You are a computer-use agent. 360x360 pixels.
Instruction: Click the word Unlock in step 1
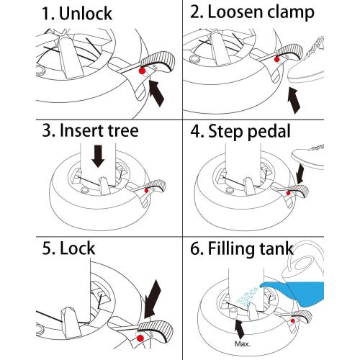click(86, 14)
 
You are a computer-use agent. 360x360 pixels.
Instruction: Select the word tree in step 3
click(123, 130)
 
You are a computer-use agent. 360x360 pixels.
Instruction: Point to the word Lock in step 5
click(77, 248)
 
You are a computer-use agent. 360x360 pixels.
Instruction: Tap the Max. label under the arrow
click(243, 343)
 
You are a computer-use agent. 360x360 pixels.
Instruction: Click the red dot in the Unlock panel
click(143, 71)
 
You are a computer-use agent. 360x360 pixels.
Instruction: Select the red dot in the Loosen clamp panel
click(277, 59)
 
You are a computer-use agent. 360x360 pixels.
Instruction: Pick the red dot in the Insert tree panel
click(146, 191)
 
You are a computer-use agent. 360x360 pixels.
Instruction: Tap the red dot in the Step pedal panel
click(289, 193)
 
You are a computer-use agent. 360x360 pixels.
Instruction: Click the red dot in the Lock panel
click(140, 338)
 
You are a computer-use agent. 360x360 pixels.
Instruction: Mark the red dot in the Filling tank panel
click(293, 320)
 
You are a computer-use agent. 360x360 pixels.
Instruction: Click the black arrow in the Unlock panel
click(156, 93)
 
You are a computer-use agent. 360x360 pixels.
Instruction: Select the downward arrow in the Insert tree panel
click(99, 156)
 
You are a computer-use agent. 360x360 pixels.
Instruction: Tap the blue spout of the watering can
click(274, 287)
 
